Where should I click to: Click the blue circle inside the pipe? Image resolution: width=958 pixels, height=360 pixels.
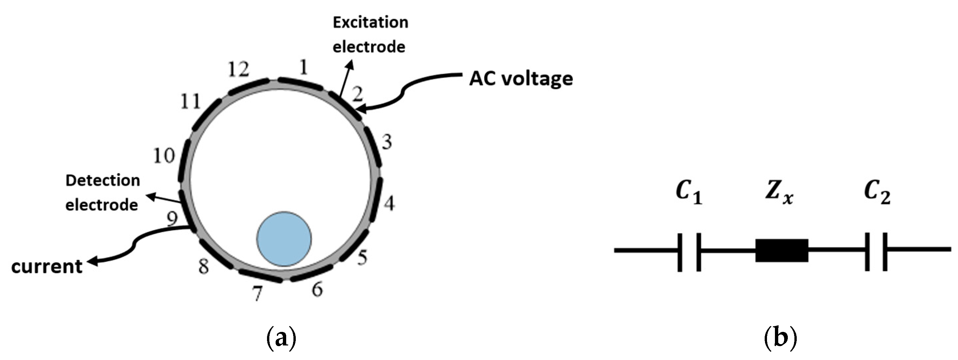[284, 239]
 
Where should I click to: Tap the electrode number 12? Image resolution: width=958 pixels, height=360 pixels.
[239, 69]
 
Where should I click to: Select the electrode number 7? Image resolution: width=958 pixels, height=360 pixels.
[257, 294]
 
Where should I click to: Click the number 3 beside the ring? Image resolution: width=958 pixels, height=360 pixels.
[387, 142]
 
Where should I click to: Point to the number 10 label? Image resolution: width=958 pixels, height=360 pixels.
[164, 155]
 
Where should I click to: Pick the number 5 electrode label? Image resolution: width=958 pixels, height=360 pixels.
[362, 257]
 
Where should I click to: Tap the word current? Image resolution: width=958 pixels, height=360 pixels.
[47, 267]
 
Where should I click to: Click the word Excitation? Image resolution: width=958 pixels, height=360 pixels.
[370, 23]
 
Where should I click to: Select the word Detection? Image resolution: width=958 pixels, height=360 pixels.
[103, 181]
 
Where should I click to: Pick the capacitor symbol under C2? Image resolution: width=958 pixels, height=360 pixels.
[876, 252]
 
